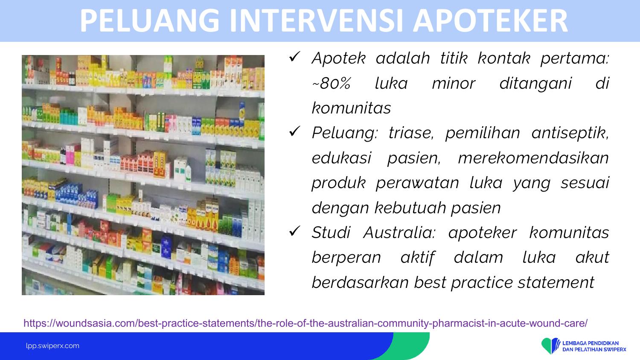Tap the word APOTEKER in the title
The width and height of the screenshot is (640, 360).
click(x=490, y=21)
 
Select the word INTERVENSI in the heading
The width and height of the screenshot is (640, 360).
click(x=316, y=21)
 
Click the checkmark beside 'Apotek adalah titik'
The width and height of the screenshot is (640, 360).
click(x=294, y=57)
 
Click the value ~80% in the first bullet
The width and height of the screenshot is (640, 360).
click(x=332, y=84)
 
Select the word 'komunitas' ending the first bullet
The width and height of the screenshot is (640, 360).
click(x=351, y=108)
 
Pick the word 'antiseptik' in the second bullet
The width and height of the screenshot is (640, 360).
click(x=570, y=133)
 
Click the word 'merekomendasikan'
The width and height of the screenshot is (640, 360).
click(x=533, y=158)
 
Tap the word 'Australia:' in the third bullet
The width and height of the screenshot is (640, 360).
click(x=399, y=232)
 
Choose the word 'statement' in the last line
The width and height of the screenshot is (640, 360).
click(x=556, y=282)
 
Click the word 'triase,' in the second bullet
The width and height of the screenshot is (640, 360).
click(x=411, y=133)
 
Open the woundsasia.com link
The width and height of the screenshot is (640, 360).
click(x=305, y=323)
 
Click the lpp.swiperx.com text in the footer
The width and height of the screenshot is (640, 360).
click(x=52, y=346)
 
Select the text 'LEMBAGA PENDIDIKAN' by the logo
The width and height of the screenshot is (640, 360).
click(x=591, y=343)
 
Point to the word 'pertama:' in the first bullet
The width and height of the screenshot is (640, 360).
click(x=575, y=58)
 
